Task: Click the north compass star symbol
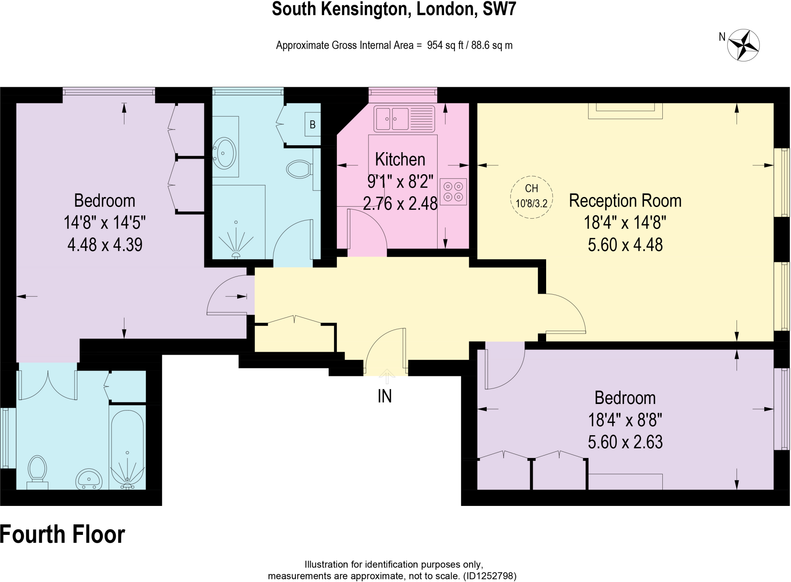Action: coord(743,45)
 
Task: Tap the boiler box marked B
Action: coord(312,124)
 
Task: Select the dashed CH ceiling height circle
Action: coord(531,197)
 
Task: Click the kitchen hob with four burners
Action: coord(453,192)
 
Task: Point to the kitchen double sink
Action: coord(404,119)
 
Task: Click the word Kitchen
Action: coord(400,159)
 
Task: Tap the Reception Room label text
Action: coord(625,201)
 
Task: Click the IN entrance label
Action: coord(385,396)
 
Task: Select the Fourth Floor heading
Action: coord(63,534)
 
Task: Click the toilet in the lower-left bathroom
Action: coord(37,471)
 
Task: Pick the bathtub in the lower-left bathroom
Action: coord(127,448)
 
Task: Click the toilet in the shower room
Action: coord(299,169)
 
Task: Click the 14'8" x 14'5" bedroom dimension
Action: coord(104,223)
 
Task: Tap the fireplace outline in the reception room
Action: coord(625,111)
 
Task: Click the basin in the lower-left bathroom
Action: coord(89,479)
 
